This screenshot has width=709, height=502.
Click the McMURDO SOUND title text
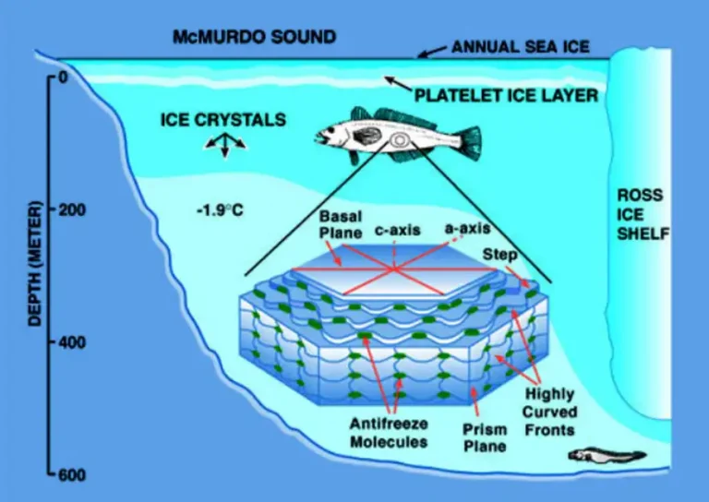click(x=254, y=37)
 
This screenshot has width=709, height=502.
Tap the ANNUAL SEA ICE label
click(x=521, y=47)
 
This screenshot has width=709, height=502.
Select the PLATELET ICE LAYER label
click(x=506, y=95)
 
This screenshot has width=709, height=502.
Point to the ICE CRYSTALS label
click(x=223, y=120)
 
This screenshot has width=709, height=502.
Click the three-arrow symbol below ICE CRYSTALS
click(x=225, y=145)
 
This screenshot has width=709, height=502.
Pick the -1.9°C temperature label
click(x=220, y=210)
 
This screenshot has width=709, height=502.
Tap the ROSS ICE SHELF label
click(x=643, y=215)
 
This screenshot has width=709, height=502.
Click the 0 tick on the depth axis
click(x=64, y=78)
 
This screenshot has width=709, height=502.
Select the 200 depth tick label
click(x=72, y=209)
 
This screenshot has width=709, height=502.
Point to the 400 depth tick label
click(x=72, y=342)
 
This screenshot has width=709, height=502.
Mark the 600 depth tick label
click(x=72, y=475)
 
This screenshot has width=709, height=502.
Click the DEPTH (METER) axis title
click(x=35, y=263)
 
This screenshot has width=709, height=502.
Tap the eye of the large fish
click(x=331, y=130)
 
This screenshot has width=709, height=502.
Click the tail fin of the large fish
click(x=470, y=143)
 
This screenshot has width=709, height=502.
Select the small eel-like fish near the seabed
click(x=607, y=456)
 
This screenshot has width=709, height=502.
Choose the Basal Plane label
click(x=341, y=224)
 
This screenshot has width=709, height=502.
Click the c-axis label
click(x=398, y=231)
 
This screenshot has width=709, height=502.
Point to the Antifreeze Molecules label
click(x=389, y=433)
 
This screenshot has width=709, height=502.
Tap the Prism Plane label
click(x=485, y=437)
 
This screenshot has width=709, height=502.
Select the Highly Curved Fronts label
click(x=549, y=412)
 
